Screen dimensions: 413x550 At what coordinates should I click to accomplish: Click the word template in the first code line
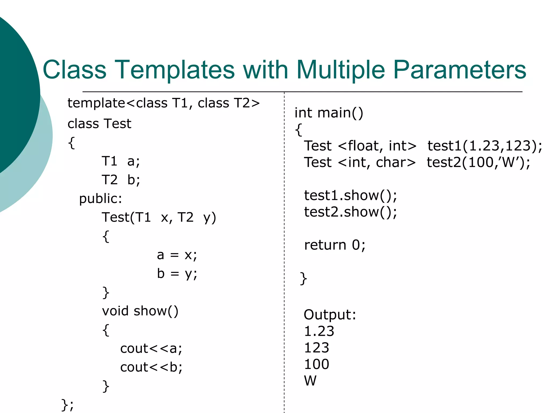click(x=96, y=103)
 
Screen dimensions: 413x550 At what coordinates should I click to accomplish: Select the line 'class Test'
click(x=99, y=124)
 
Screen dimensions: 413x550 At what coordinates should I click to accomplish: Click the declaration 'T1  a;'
click(x=121, y=162)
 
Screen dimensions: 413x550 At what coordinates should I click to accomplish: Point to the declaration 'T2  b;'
click(x=121, y=180)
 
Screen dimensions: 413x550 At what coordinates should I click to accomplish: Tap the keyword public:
click(x=100, y=199)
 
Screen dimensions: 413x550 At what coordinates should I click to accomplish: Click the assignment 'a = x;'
click(x=177, y=255)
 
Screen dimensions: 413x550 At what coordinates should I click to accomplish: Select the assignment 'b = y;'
click(x=177, y=274)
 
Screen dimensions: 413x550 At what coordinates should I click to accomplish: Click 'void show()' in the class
click(x=140, y=311)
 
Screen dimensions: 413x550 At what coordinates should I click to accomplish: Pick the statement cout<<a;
click(x=151, y=349)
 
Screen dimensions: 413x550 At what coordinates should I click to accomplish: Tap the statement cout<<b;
click(x=151, y=367)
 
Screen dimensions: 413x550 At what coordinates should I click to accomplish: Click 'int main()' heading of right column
click(x=329, y=113)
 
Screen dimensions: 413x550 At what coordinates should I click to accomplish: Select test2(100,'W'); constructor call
click(x=478, y=162)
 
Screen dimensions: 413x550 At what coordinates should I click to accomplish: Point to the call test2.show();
click(x=350, y=212)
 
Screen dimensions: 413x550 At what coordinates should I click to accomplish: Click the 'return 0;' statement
click(x=335, y=245)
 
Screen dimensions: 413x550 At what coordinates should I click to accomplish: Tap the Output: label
click(x=330, y=315)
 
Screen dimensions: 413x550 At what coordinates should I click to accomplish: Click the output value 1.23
click(x=319, y=331)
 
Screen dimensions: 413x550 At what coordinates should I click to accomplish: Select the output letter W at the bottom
click(x=310, y=381)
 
